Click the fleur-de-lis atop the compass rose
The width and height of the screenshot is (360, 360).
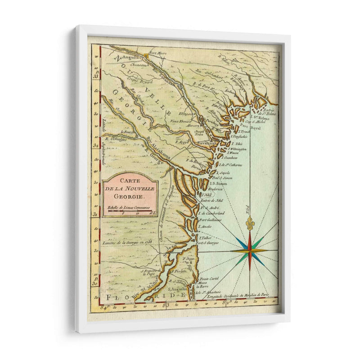[x=250, y=223]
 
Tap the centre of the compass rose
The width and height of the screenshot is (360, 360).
[x=250, y=251]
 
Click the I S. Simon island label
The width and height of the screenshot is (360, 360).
[x=219, y=184]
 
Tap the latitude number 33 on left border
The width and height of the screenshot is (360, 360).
[x=96, y=76]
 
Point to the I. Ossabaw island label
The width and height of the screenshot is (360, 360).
[x=233, y=158]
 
